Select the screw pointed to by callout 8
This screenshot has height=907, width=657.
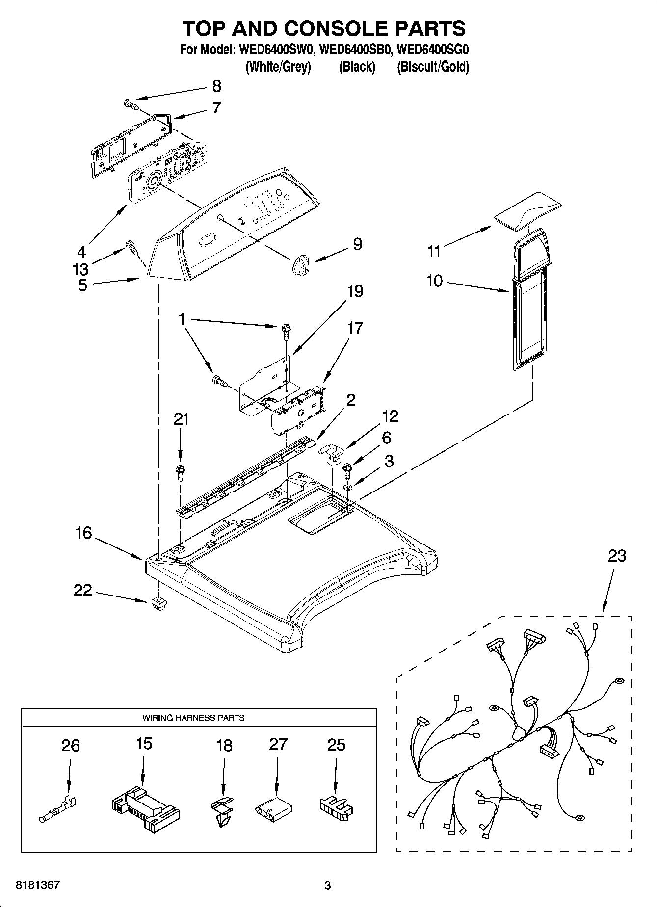click(x=130, y=104)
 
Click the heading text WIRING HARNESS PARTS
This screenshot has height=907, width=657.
click(x=193, y=718)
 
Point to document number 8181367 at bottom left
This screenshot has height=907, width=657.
click(x=38, y=885)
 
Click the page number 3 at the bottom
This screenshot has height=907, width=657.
click(x=327, y=886)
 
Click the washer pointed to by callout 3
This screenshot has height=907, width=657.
click(x=348, y=487)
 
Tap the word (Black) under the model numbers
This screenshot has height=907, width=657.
click(x=357, y=67)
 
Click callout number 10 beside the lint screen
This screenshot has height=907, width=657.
click(x=434, y=281)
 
